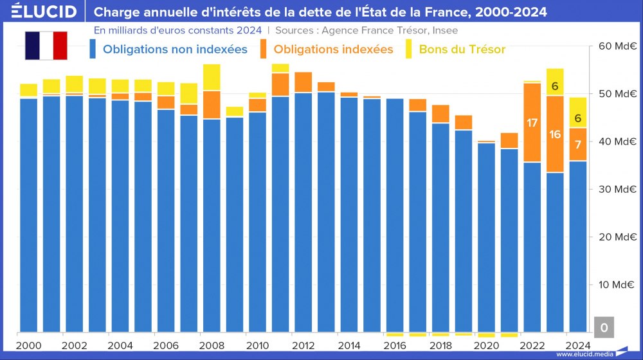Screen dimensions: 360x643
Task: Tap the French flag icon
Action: click(46, 45)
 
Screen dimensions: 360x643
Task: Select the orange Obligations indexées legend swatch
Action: click(264, 49)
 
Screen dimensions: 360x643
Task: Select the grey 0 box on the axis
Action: click(604, 327)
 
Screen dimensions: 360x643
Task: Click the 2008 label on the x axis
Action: click(212, 345)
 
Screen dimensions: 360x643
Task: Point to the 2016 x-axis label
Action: click(395, 345)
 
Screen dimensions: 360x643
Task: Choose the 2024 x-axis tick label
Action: click(577, 345)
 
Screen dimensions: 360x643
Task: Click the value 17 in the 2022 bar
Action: click(532, 123)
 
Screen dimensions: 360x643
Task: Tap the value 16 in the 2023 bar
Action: click(555, 134)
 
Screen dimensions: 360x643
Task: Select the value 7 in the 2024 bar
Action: click(578, 144)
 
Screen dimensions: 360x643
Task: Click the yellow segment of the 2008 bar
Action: click(212, 77)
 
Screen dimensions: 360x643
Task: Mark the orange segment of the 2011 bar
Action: click(280, 84)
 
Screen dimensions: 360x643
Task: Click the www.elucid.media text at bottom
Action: click(584, 354)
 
